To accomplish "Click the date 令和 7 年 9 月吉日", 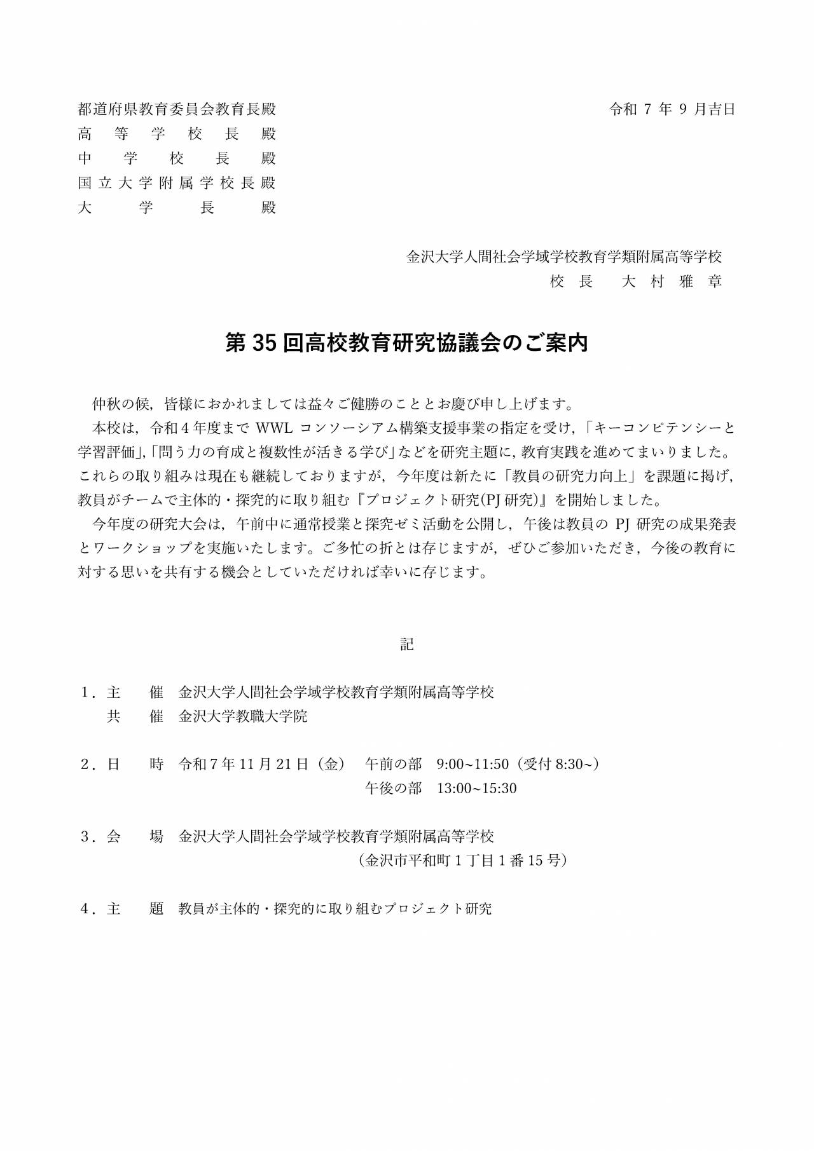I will click(672, 109).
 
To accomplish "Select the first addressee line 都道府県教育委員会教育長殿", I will click(177, 109).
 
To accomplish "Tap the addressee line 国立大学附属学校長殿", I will click(177, 183).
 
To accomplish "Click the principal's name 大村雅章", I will click(672, 282).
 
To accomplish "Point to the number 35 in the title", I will click(262, 343).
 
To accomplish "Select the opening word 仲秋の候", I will click(120, 404).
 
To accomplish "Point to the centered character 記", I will click(407, 644).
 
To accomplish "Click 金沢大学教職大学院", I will click(243, 716).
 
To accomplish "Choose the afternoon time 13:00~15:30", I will click(476, 789).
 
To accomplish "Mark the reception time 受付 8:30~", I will click(559, 764).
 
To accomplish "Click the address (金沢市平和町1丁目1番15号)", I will click(463, 861).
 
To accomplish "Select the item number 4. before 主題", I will click(88, 909).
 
